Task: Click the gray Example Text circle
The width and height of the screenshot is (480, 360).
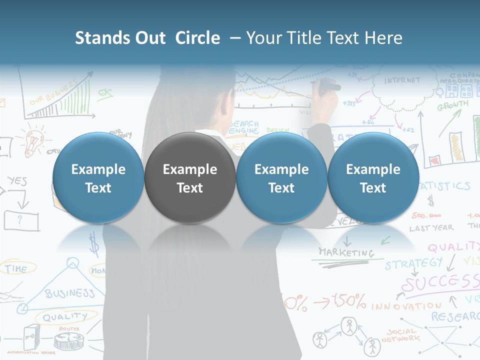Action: tap(189, 178)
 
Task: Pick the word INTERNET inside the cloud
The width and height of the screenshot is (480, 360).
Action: tap(402, 80)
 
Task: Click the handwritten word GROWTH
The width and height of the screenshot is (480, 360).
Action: tap(453, 105)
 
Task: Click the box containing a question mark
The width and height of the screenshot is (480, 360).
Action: tap(21, 219)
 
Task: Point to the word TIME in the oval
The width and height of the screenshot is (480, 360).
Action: tap(16, 268)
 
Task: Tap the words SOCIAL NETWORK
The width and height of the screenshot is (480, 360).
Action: tap(400, 335)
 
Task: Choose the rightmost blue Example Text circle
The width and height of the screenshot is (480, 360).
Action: tap(373, 178)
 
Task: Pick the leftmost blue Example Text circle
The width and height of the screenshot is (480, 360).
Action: tap(98, 178)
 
